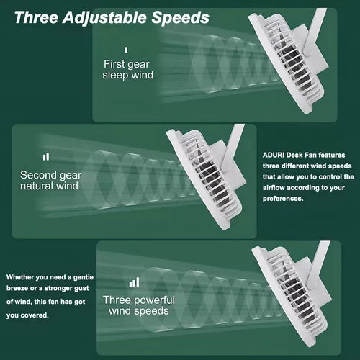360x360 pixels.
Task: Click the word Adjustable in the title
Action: coord(104,18)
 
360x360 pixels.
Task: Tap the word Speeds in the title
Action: coord(180,17)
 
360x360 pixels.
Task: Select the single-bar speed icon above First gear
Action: coord(126,50)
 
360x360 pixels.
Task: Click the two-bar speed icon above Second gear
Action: coord(46,157)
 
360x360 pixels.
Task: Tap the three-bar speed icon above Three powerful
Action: coord(134,282)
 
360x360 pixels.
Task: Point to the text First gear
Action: coord(127,64)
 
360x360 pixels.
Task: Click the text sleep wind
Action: coord(127,75)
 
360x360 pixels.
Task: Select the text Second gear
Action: coord(50,176)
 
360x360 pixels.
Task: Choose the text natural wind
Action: coord(49,186)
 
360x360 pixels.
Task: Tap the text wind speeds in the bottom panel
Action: coord(139,311)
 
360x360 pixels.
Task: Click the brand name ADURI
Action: coord(273,155)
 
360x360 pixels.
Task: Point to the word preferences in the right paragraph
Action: coord(283,199)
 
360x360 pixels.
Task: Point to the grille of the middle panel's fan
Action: coord(206,179)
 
